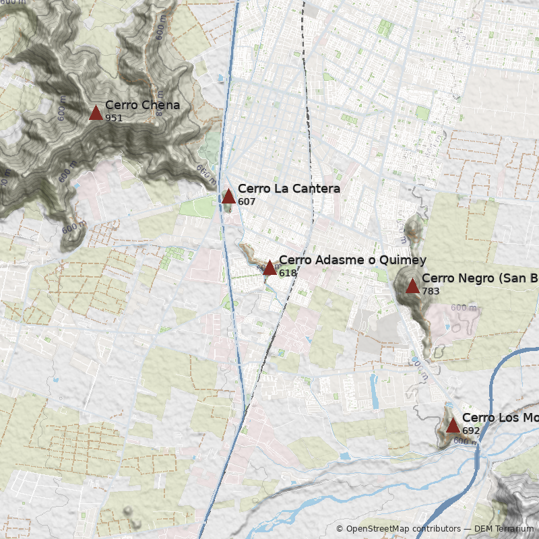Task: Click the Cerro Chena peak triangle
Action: point(96,113)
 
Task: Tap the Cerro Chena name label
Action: point(142,105)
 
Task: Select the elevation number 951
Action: point(114,119)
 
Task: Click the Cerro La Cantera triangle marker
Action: point(228,196)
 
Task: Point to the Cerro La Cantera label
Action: point(288,189)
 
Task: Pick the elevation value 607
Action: point(247,202)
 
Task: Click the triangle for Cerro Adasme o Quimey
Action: point(269,267)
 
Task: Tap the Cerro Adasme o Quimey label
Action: point(352,261)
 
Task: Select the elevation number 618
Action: point(288,274)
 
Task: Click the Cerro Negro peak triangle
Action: point(412,286)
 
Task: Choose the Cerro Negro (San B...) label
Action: point(480,278)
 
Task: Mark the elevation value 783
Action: point(431,291)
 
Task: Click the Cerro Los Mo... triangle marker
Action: point(453,425)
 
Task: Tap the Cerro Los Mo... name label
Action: point(500,418)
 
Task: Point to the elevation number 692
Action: point(471,431)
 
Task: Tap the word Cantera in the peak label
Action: point(315,189)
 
